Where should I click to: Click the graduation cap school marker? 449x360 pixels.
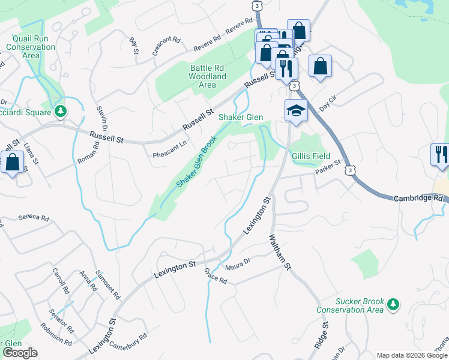click(x=295, y=110)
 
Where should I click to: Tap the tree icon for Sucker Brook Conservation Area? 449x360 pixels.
click(x=393, y=304)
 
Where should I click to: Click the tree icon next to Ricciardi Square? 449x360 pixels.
click(x=60, y=111)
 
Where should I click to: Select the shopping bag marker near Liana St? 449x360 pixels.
click(x=12, y=163)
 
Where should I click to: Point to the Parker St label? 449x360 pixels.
click(x=328, y=167)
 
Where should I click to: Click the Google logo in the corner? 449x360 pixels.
click(x=19, y=353)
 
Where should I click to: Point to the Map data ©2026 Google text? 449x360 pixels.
click(x=412, y=355)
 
